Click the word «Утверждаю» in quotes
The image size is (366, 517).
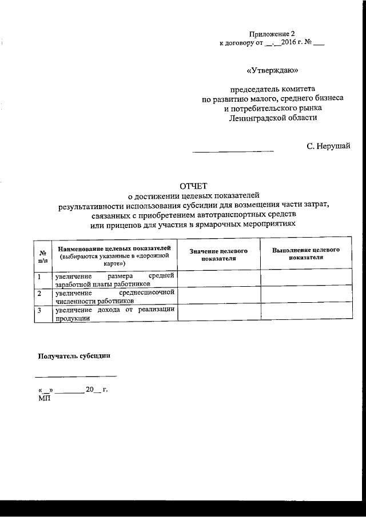point(272,71)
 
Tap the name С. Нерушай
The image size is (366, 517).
point(328,147)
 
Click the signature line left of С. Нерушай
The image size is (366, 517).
point(233,150)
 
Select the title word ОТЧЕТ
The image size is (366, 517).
point(193,185)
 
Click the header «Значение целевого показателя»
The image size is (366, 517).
point(218,255)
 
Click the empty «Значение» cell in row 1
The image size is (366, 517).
point(218,279)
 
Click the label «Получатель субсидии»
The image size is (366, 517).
point(74,355)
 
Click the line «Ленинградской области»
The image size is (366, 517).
point(272,118)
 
